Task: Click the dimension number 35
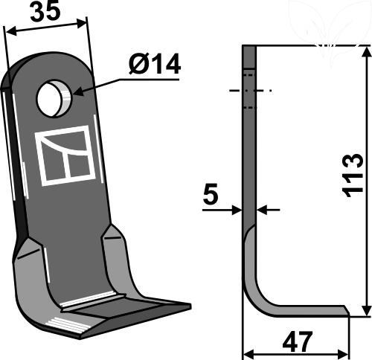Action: tap(45, 11)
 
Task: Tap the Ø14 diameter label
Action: tap(155, 65)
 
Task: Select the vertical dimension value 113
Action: tap(353, 176)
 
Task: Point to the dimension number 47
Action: tap(296, 341)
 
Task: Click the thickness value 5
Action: tap(211, 194)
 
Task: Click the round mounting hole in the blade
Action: tap(54, 98)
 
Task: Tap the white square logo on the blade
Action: tap(65, 155)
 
